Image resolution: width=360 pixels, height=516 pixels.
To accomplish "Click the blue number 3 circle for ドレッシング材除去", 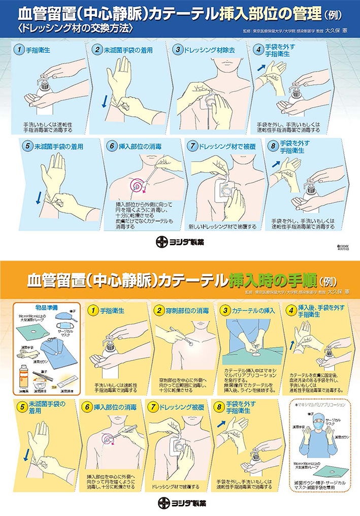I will (x=177, y=50).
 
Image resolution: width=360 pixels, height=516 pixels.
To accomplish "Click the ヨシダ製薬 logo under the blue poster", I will (x=180, y=242).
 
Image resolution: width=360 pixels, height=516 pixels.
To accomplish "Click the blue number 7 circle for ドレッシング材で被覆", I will (x=191, y=146).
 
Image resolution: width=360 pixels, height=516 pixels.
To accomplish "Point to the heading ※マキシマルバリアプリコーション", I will (x=321, y=405).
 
